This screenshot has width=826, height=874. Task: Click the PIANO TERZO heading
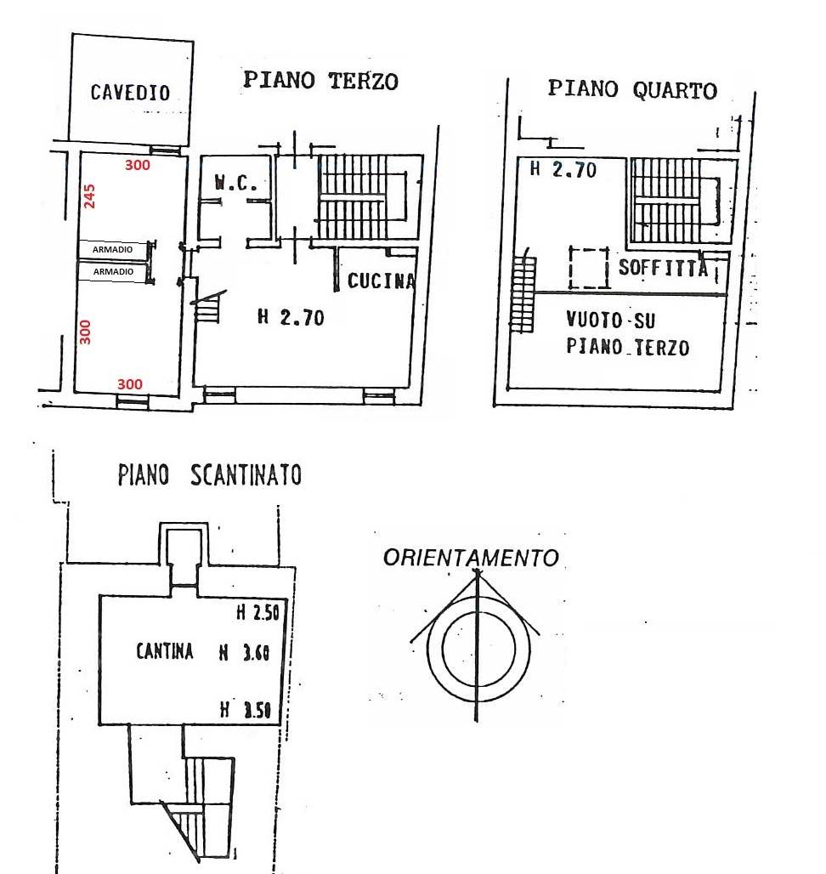[320, 81]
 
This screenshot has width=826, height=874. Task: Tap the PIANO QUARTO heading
[631, 89]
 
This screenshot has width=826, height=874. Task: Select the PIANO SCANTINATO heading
[209, 474]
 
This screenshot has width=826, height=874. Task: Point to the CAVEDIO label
[130, 93]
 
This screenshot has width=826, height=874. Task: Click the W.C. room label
[231, 183]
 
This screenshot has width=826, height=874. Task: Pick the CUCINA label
[381, 281]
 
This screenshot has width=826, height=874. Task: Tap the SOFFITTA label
[663, 268]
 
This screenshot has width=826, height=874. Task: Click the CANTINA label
[165, 652]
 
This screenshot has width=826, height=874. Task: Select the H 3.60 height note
[244, 653]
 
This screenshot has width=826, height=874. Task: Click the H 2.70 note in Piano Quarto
[563, 169]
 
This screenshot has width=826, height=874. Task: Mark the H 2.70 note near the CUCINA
[291, 318]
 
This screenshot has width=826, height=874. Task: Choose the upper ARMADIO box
[112, 249]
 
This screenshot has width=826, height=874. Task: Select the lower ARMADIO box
[112, 271]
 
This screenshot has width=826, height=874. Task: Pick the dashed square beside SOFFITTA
[588, 268]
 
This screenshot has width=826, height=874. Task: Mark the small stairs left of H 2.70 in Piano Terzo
[210, 308]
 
